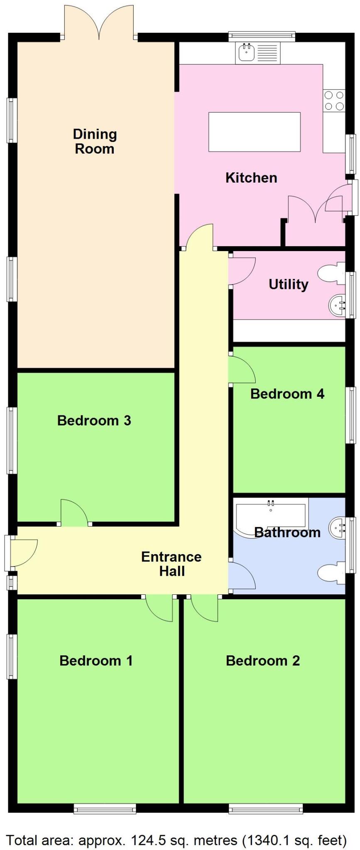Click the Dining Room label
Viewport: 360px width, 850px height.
(95, 142)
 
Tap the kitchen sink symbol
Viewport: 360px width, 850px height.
(247, 52)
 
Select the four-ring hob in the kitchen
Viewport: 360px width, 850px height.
(334, 100)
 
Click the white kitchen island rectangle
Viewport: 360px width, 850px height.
(254, 132)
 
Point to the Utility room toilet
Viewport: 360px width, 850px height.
(331, 273)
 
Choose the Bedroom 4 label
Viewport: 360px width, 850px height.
(287, 393)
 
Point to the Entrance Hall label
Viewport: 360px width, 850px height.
(171, 564)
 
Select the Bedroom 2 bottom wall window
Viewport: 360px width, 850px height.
(265, 808)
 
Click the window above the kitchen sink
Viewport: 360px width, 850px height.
(262, 37)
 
